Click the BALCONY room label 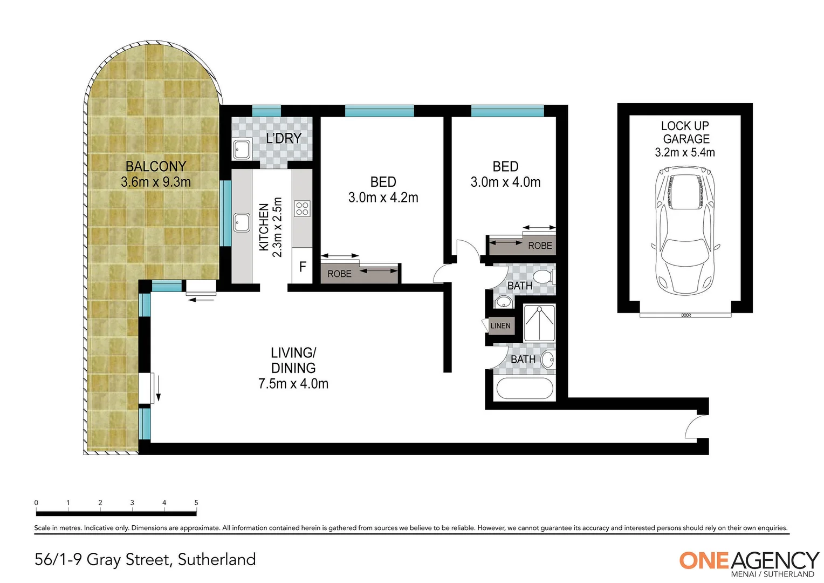tap(155, 166)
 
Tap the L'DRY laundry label tap(284, 139)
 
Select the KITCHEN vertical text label tap(264, 227)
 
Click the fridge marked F tap(303, 266)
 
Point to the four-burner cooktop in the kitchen tap(302, 208)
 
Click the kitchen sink tap(241, 222)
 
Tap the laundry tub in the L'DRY tap(241, 149)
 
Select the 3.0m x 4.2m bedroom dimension tap(383, 198)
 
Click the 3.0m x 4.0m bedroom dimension tap(505, 182)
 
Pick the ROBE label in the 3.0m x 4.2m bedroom tap(339, 274)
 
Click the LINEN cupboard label tap(500, 326)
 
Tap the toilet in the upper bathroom tap(545, 277)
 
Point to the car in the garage tap(685, 229)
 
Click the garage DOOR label tap(686, 315)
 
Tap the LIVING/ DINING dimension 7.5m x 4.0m tap(293, 384)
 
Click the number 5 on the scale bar tap(196, 503)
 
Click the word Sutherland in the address tap(217, 560)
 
